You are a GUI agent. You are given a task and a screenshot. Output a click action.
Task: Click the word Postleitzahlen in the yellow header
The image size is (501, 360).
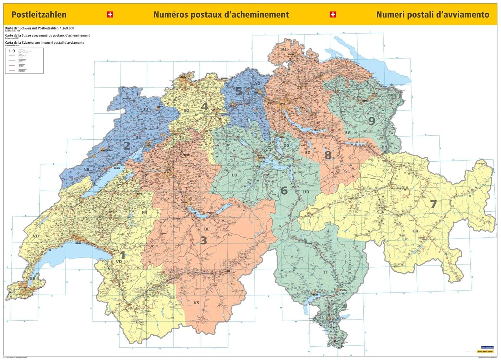point(39,15)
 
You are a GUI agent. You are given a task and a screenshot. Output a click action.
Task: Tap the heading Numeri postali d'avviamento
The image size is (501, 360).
point(433,15)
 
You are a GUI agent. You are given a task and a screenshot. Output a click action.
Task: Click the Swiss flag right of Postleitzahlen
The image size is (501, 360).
point(110,14)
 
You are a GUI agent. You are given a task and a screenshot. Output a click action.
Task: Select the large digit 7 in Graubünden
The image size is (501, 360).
point(433,204)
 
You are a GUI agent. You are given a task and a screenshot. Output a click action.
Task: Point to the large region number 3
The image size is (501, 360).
point(203,240)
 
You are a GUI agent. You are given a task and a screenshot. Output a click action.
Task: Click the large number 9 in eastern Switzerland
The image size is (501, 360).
point(371,121)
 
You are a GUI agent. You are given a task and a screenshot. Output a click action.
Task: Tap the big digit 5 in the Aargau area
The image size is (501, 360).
point(238,91)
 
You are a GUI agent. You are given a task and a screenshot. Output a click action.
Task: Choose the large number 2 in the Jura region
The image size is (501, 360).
point(127,146)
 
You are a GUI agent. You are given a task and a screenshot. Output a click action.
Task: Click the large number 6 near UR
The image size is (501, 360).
point(284,191)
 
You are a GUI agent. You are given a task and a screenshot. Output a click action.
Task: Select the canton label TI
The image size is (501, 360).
point(325,272)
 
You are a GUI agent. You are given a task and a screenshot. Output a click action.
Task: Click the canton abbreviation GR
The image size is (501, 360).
point(415,231)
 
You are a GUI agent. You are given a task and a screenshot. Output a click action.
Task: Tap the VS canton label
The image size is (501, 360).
point(196,303)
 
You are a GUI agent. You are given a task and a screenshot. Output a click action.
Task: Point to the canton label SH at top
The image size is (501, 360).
point(283,49)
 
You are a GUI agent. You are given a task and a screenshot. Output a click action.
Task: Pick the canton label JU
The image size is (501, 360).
point(146,109)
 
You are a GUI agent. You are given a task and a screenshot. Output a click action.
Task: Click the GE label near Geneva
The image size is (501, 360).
point(32,279)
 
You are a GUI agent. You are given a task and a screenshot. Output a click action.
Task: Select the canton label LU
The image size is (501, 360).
point(234,175)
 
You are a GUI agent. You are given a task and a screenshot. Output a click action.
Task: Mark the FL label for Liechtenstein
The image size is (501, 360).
point(395,148)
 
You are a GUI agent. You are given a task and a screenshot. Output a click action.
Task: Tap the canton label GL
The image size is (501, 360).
point(347,171)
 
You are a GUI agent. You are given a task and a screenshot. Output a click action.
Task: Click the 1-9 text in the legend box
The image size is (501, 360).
point(12,51)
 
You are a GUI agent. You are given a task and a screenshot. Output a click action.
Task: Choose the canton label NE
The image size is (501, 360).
point(86,169)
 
